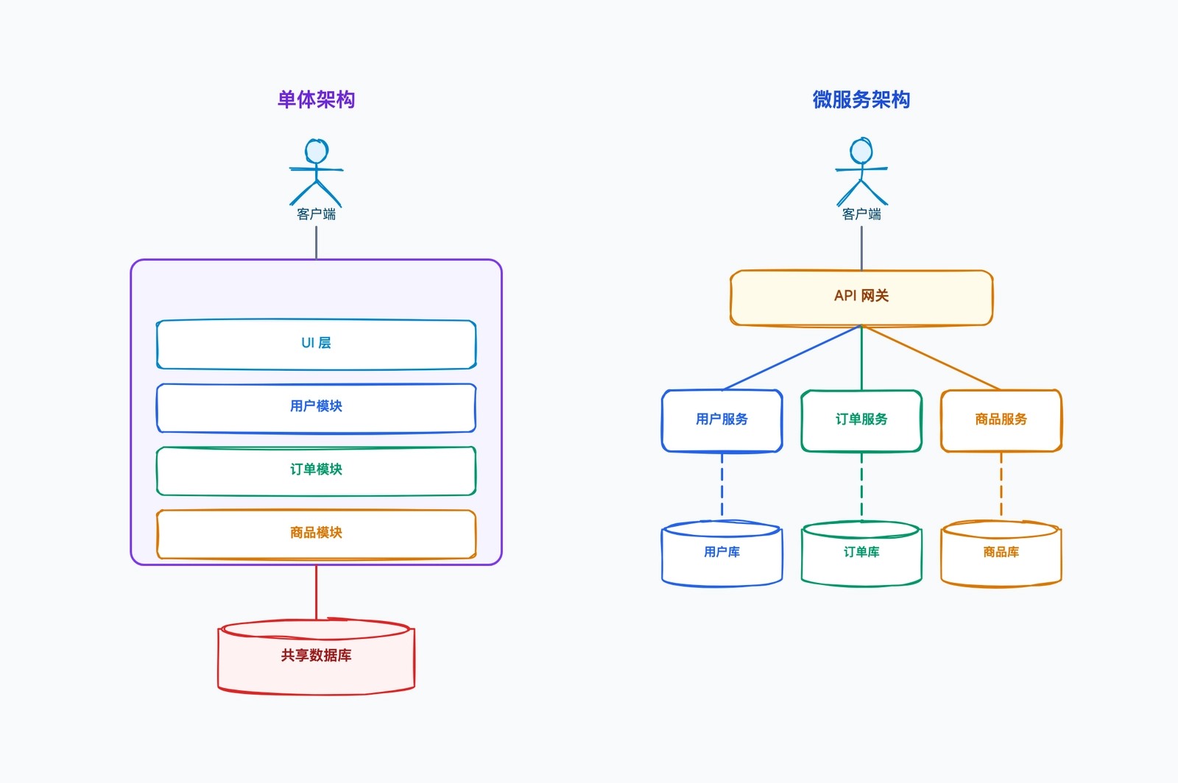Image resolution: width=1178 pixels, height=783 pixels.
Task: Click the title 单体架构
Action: tap(316, 99)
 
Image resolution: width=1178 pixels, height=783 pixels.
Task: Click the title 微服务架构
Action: tap(861, 99)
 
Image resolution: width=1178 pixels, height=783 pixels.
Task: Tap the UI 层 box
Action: tap(316, 344)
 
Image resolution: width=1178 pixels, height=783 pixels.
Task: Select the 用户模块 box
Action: tap(316, 408)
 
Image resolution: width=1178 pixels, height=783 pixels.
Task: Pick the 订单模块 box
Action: tap(316, 471)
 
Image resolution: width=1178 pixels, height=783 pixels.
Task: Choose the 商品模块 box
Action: tap(316, 534)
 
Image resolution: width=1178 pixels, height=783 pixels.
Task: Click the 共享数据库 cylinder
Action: tap(316, 657)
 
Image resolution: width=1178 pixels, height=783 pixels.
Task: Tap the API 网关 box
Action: tap(861, 298)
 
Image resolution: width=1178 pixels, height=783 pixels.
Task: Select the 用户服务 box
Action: tap(722, 420)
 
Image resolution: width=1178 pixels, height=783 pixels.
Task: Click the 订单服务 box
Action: tap(861, 420)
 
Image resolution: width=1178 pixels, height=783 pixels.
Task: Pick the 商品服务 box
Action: tap(1001, 420)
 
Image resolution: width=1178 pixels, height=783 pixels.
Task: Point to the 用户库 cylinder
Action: tap(722, 553)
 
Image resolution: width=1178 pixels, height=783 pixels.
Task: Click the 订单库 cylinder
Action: tap(861, 553)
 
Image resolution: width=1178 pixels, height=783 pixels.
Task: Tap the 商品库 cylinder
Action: tap(1001, 553)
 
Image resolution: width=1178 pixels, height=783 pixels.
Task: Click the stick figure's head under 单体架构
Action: tap(317, 152)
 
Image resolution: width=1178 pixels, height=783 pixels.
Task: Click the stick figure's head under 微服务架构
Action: tap(861, 150)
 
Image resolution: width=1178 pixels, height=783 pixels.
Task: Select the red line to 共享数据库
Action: tap(316, 592)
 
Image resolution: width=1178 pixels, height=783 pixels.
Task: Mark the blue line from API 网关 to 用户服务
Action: tap(792, 358)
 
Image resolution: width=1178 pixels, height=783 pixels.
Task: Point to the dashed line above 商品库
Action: tap(1001, 484)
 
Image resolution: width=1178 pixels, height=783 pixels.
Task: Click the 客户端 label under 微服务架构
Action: tap(861, 214)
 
